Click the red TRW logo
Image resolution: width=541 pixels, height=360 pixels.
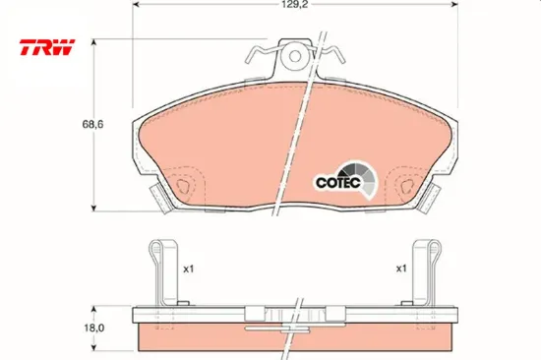tap(47, 47)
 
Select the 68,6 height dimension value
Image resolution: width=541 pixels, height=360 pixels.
tap(92, 124)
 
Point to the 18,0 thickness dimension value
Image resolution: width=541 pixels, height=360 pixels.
tap(93, 328)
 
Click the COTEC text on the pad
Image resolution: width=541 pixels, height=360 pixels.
tap(338, 182)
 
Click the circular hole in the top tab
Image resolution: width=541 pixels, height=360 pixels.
tap(295, 56)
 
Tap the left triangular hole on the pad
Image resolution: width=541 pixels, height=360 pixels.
tap(183, 187)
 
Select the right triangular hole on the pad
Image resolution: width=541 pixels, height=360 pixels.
tap(407, 187)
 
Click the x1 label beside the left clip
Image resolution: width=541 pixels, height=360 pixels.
tap(189, 269)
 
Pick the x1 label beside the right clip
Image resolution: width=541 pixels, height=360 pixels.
tap(401, 269)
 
